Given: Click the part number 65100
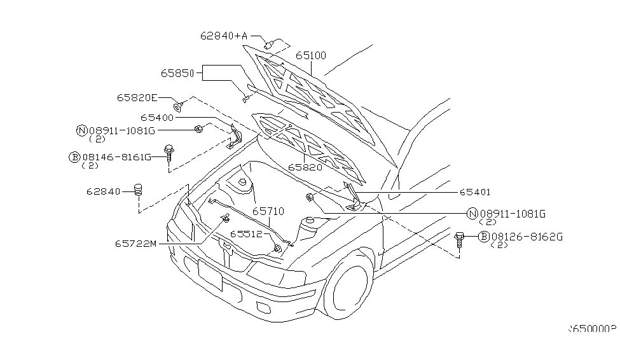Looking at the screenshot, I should coord(311,56).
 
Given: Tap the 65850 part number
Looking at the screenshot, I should coord(177,73).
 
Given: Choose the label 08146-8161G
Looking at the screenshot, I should coord(117,156).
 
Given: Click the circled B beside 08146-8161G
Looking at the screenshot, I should coord(74,156).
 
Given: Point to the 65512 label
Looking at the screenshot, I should coord(246,234).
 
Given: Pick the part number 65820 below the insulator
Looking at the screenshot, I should coord(305,167).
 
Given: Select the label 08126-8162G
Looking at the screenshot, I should coord(527,237).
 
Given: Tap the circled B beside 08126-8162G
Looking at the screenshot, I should coord(483,237).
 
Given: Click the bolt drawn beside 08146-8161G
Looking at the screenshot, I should coord(169,153).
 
